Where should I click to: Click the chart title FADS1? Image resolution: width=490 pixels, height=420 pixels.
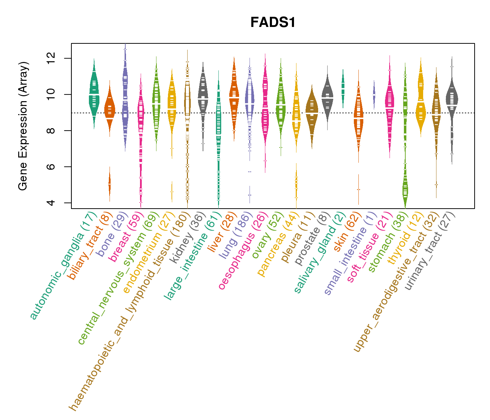coord(273,23)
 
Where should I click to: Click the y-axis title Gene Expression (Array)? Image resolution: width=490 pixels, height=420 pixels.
coord(23,126)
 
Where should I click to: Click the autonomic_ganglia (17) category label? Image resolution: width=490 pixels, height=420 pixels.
coord(63,266)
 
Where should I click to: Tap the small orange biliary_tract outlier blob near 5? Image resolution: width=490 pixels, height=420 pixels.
coord(110,184)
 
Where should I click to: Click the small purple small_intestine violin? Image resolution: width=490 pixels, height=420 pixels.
coord(374,94)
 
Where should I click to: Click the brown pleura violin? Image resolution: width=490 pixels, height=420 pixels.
coord(312,112)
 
